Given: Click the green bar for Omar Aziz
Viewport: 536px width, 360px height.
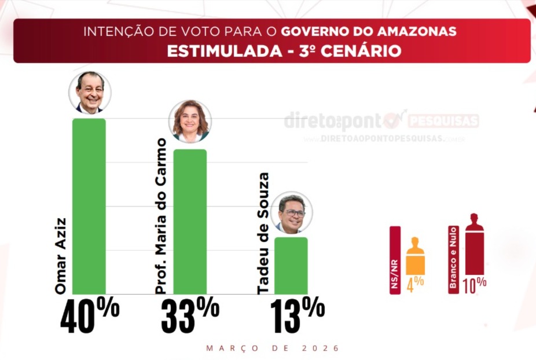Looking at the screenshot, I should tap(89, 206).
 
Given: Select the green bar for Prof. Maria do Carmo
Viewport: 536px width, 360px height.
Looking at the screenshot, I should tap(190, 221).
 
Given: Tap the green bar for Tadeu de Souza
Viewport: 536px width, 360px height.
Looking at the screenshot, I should tap(291, 265).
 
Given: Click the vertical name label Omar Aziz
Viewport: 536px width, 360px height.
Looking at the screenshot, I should tap(60, 255).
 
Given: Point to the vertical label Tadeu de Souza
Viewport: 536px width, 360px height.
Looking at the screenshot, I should tap(263, 233).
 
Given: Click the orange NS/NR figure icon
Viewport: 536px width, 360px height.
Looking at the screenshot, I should tap(416, 256).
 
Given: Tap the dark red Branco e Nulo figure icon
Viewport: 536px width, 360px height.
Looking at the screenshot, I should tap(474, 245).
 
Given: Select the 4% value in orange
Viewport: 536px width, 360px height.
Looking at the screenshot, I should tap(416, 284).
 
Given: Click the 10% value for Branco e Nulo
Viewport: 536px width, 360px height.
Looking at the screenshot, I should tap(474, 284).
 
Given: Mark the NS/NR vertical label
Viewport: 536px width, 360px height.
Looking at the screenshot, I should tap(395, 260).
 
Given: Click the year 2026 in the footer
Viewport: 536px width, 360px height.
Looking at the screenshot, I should tap(320, 348).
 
